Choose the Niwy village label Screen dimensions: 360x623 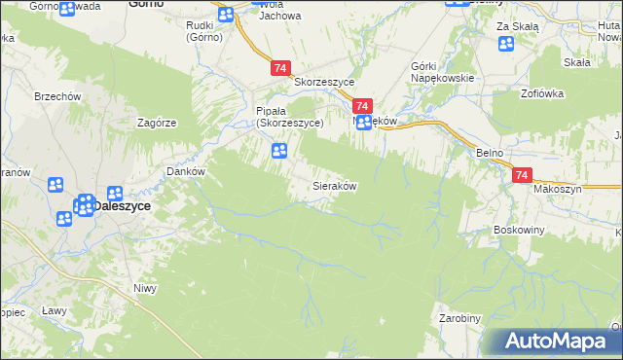point(145,287)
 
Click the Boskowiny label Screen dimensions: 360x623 point(518,231)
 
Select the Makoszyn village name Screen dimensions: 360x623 point(557,189)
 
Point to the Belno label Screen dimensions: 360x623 point(489,154)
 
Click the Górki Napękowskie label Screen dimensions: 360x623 point(442,72)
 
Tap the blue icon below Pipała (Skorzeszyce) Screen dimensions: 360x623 point(279,151)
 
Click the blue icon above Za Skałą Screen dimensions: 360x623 point(505,44)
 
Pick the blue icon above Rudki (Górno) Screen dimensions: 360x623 point(226,14)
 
